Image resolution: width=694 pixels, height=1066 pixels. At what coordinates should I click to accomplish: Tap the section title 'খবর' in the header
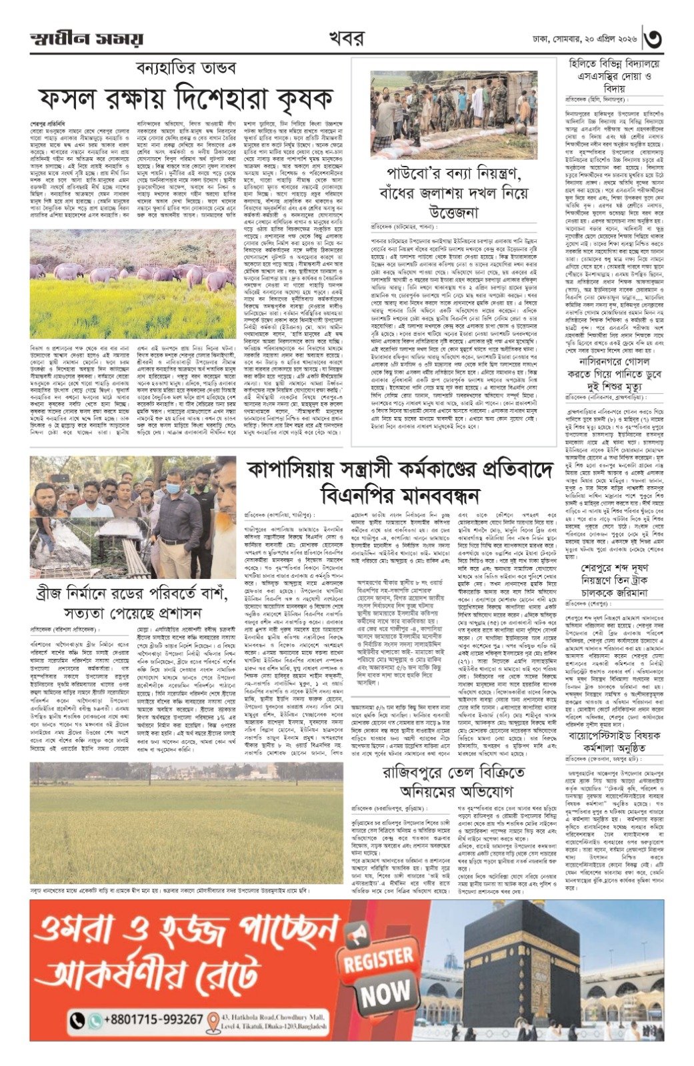click(345, 38)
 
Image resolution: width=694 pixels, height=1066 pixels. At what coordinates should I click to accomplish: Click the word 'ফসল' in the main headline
click(69, 99)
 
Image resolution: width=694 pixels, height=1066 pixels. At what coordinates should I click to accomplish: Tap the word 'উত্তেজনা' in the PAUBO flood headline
click(453, 213)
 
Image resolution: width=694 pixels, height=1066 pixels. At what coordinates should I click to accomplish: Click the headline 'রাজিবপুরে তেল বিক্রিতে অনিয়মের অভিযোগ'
click(453, 782)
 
